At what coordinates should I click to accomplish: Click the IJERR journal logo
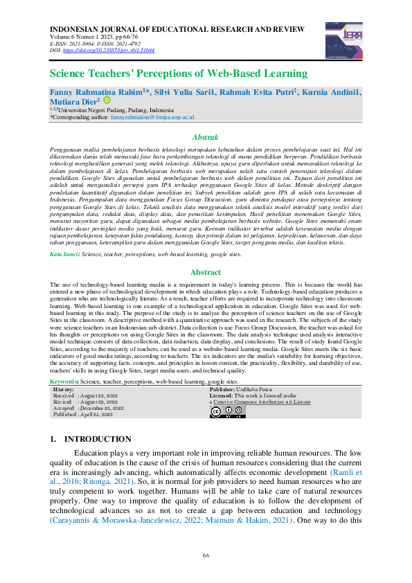(x=339, y=35)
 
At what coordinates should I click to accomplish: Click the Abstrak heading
(x=205, y=138)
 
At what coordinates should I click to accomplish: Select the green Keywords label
(x=65, y=382)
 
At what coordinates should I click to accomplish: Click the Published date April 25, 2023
(x=102, y=414)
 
